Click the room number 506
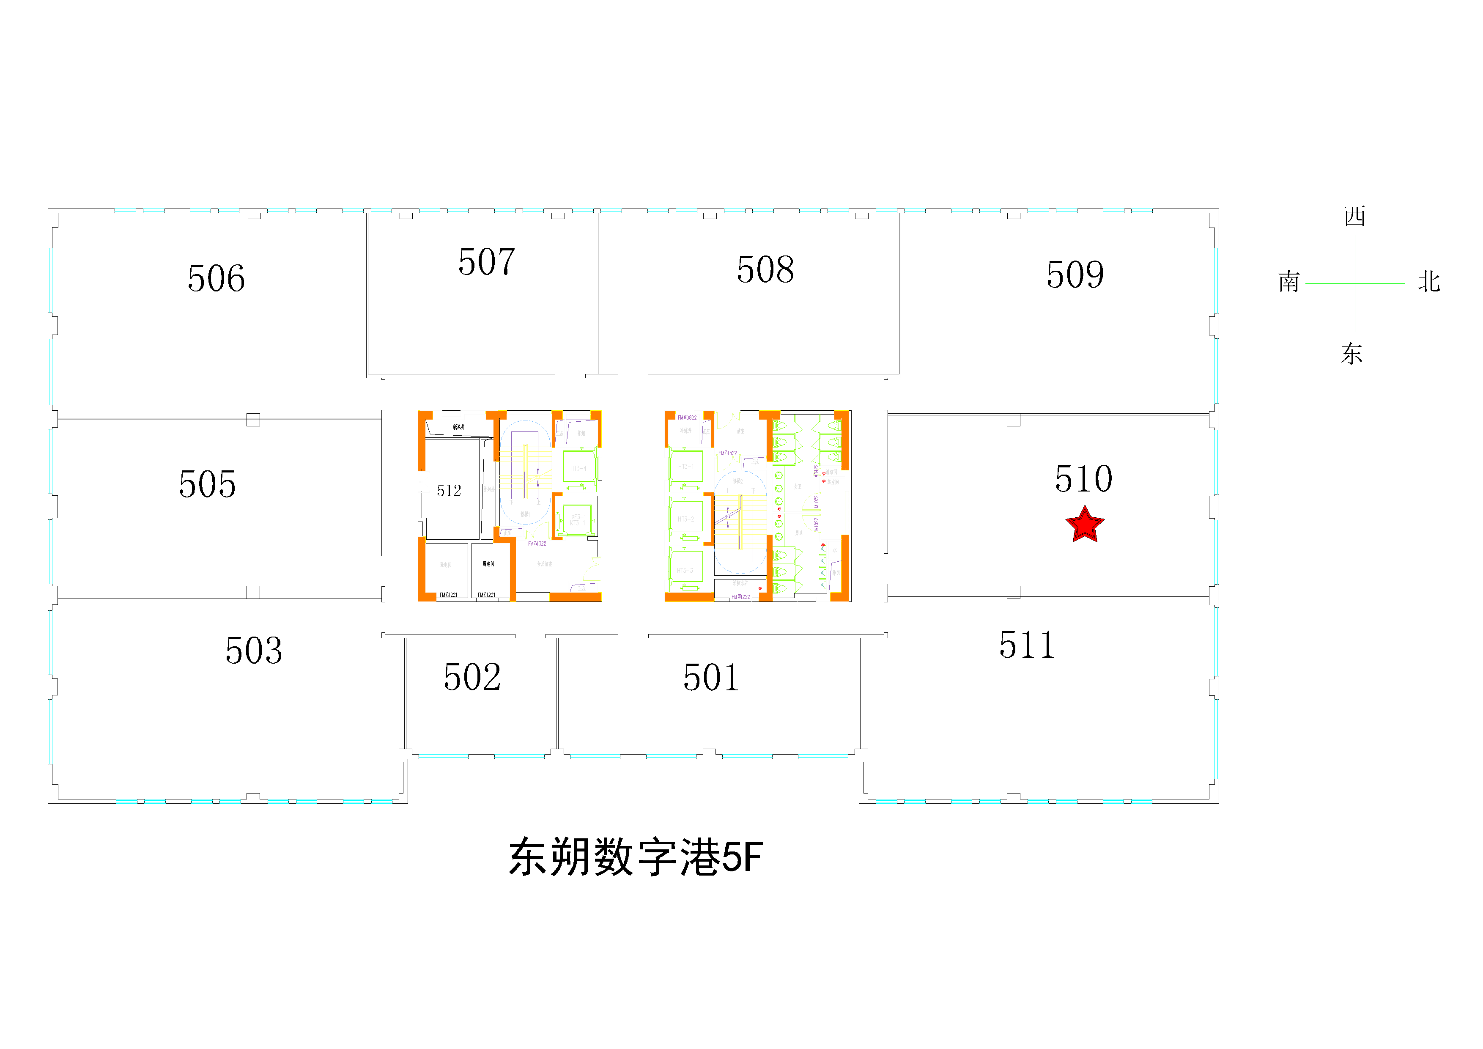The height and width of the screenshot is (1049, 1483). tap(217, 278)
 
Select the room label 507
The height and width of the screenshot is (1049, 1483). tap(486, 262)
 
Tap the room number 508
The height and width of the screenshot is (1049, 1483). tap(765, 269)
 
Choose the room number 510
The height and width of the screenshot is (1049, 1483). tap(1084, 479)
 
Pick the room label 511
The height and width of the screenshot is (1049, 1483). tap(1027, 645)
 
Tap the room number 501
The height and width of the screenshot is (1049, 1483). tap(711, 678)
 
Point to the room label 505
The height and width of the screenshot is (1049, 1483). tap(207, 484)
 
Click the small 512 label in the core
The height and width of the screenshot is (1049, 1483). tap(449, 491)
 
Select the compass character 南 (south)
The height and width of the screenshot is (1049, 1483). tap(1288, 282)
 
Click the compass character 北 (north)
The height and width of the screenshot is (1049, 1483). tap(1429, 282)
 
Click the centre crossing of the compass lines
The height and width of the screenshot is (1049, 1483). tap(1355, 283)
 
